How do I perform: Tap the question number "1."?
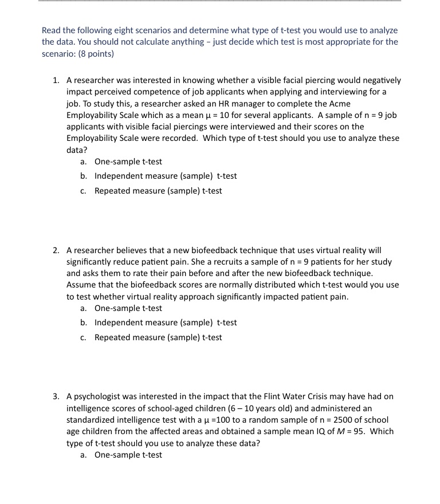[x=56, y=80]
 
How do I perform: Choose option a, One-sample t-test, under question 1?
[x=128, y=162]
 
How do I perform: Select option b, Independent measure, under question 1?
[x=165, y=176]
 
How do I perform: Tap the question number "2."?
[x=56, y=250]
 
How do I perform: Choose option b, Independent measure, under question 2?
[x=165, y=322]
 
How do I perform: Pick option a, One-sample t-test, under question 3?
[x=128, y=455]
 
